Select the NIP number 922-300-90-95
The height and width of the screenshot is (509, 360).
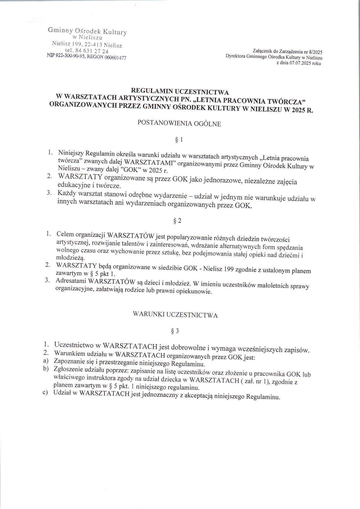[69, 56]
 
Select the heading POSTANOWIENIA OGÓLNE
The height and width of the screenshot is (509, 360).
[179, 124]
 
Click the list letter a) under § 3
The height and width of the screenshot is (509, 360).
[45, 361]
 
